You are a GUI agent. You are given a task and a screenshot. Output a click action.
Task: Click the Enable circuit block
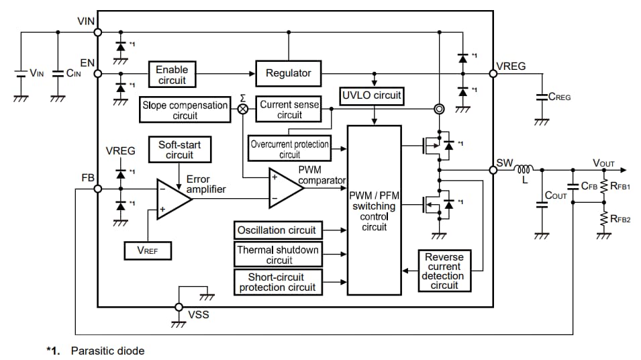click(x=172, y=75)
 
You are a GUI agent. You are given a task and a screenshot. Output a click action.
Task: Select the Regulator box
click(x=289, y=73)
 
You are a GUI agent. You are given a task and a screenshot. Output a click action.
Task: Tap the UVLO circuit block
click(x=371, y=95)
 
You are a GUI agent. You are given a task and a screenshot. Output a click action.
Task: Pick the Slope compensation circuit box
click(x=185, y=110)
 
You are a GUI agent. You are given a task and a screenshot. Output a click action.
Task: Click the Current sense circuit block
click(x=289, y=110)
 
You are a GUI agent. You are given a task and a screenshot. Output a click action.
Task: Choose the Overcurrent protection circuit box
click(x=289, y=149)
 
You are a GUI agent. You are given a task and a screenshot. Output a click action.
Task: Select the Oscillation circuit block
click(x=276, y=230)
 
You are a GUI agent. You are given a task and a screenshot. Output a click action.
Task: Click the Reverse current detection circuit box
click(x=444, y=271)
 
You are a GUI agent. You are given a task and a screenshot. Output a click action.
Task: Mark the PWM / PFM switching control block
click(x=374, y=210)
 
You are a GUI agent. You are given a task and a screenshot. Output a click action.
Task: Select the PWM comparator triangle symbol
click(x=285, y=188)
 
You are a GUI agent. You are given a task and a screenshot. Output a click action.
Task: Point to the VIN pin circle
click(x=98, y=32)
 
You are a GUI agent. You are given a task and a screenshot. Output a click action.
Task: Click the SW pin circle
click(x=493, y=170)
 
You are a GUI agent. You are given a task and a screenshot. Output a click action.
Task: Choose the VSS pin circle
click(x=179, y=307)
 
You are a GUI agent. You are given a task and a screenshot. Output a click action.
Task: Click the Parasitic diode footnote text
click(x=107, y=351)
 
